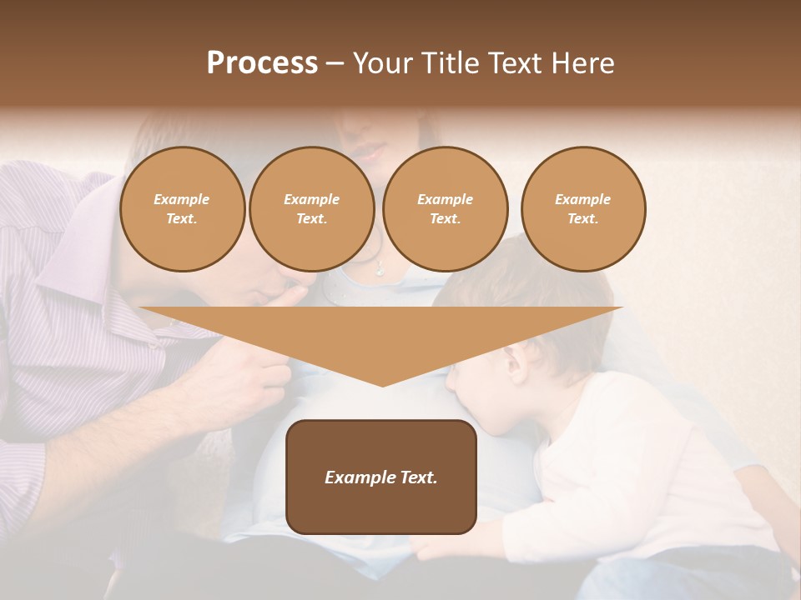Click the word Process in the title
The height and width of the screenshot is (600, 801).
point(262,63)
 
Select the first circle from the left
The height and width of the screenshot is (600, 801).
point(183,209)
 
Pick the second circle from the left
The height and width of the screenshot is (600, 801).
point(312,209)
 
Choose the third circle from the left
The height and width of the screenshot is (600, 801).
point(446,209)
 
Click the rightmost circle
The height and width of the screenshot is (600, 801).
point(583,209)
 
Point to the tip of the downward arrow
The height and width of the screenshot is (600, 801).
point(382,384)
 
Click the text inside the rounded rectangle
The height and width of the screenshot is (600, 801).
point(381,477)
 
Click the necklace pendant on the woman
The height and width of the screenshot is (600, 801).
point(380,268)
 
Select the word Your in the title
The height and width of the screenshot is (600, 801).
point(382,63)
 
